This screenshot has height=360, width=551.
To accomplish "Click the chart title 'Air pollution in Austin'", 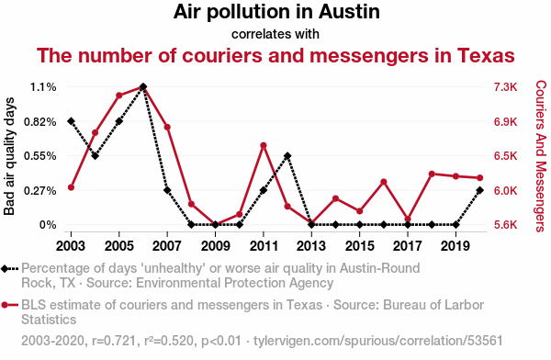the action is click(x=276, y=12).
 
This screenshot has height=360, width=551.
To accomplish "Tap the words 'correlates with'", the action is click(x=275, y=34).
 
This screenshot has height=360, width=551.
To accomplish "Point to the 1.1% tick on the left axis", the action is click(x=43, y=87).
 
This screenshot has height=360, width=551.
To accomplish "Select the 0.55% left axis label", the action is click(x=40, y=156).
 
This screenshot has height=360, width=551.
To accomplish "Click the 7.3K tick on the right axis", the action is click(x=506, y=87).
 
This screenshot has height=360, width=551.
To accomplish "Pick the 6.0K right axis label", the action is click(x=506, y=190).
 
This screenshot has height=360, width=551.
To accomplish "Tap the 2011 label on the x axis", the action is click(x=264, y=246).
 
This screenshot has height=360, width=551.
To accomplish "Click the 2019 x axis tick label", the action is click(x=455, y=246).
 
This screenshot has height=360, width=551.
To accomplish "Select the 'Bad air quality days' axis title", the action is click(x=9, y=156).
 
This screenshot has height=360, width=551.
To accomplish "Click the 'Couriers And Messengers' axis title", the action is click(x=541, y=156).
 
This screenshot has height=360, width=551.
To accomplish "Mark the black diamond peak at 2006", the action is click(x=143, y=86).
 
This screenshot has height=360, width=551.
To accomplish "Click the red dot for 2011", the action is click(x=264, y=145).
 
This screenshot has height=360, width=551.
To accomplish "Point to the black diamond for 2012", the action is click(x=287, y=156).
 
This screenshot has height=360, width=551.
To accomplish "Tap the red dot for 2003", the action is click(x=71, y=187).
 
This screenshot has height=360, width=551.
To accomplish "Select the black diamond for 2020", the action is click(x=479, y=190).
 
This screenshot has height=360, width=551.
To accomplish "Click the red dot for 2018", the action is click(x=432, y=174).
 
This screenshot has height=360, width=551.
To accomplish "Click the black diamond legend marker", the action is click(x=5, y=269).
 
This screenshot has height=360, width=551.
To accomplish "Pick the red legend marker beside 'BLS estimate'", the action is click(x=5, y=305).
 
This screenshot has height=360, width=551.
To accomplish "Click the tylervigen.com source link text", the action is click(x=378, y=341).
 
